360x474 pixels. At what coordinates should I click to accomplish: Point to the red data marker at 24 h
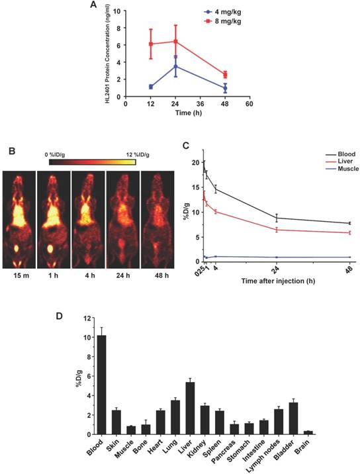click(175, 42)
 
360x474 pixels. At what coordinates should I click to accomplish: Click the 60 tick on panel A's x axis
click(249, 104)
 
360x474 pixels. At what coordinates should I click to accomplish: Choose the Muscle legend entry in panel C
click(336, 169)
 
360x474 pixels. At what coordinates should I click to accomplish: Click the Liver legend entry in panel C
click(335, 161)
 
